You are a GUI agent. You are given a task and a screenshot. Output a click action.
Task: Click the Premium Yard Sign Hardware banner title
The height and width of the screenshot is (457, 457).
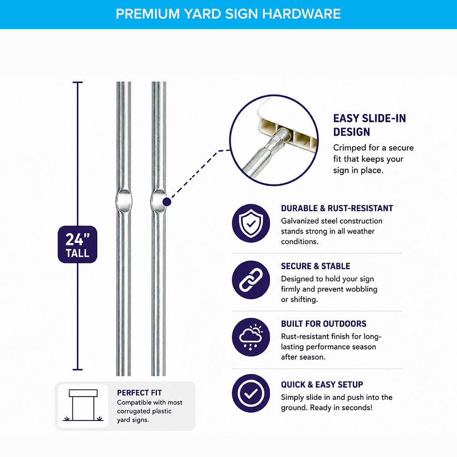pos(228,14)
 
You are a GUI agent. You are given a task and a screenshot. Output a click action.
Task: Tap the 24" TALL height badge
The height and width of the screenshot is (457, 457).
pos(78,244)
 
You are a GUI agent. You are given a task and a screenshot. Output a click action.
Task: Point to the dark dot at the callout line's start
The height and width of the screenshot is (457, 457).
pos(167,202)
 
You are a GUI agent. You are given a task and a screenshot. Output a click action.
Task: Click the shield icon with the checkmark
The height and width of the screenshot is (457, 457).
pos(251,223)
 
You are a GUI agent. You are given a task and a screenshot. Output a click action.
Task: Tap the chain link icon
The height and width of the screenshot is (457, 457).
pos(251,280)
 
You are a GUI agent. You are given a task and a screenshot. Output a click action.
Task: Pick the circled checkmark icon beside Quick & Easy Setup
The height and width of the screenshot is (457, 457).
pos(251,393)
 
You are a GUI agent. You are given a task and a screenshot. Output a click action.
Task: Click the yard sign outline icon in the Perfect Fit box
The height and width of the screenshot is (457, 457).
pos(83,405)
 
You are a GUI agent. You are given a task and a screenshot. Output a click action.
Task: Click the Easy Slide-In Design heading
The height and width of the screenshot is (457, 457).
pos(369,125)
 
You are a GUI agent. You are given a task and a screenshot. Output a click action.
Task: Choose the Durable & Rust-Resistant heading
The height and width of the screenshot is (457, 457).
pos(337,208)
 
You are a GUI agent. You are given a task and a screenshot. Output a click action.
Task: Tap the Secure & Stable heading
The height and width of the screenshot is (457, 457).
pos(316,266)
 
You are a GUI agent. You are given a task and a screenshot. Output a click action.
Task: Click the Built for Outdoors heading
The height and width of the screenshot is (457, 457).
pos(324,324)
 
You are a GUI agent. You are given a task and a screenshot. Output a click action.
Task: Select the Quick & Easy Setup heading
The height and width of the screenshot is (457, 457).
pos(322,384)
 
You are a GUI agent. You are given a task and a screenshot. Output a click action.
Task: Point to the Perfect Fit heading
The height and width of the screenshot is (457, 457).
pos(139,393)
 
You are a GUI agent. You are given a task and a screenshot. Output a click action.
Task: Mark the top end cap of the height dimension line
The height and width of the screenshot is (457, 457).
pos(78,83)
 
